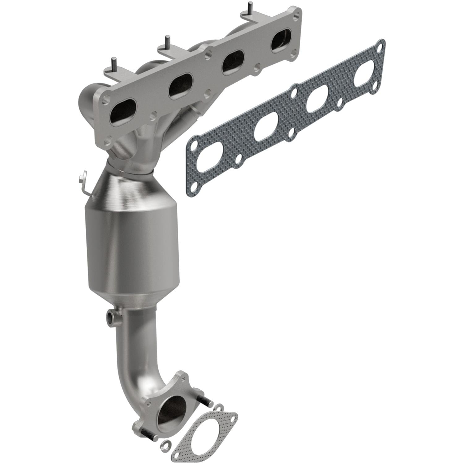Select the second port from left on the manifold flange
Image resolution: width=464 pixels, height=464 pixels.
point(178,87)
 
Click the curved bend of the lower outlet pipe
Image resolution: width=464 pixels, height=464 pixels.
point(133,384)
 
